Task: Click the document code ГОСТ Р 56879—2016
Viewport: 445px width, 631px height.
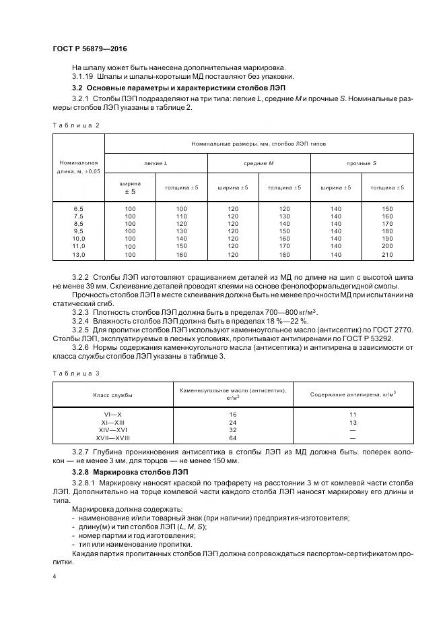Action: click(90, 50)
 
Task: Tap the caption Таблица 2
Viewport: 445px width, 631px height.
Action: click(76, 125)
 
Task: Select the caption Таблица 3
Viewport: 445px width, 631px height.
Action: click(76, 373)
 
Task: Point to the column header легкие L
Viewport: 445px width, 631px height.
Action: click(156, 163)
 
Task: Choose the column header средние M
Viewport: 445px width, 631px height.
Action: click(259, 163)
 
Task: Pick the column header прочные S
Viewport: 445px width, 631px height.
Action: click(362, 163)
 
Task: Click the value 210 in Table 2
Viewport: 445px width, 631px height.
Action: click(387, 255)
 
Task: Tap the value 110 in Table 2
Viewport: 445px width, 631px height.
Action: click(181, 216)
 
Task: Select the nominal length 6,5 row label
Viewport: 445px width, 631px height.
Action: click(78, 209)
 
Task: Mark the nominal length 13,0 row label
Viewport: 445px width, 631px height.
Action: click(78, 255)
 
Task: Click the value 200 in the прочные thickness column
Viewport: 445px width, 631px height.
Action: click(387, 247)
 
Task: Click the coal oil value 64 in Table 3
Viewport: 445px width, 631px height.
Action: click(233, 438)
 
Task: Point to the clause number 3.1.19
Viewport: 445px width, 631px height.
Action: click(83, 76)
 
